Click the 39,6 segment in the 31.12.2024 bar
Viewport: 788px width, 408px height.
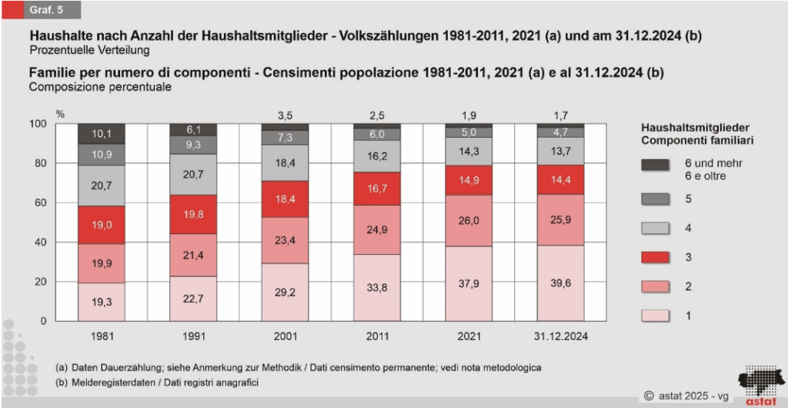[x=569, y=283]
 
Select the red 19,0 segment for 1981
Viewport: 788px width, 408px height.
[x=101, y=226]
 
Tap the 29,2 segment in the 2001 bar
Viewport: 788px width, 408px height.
[x=285, y=293]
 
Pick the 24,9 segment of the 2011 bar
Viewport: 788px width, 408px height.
[x=378, y=230]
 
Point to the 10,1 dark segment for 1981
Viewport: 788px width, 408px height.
[x=101, y=133]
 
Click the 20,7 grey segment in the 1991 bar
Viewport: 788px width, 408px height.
[x=193, y=175]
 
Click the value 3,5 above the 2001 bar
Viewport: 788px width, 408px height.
[x=285, y=115]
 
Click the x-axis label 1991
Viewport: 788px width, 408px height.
[x=193, y=336]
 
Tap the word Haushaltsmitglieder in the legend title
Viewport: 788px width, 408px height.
[x=695, y=128]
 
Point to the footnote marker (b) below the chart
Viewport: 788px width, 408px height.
[x=62, y=383]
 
